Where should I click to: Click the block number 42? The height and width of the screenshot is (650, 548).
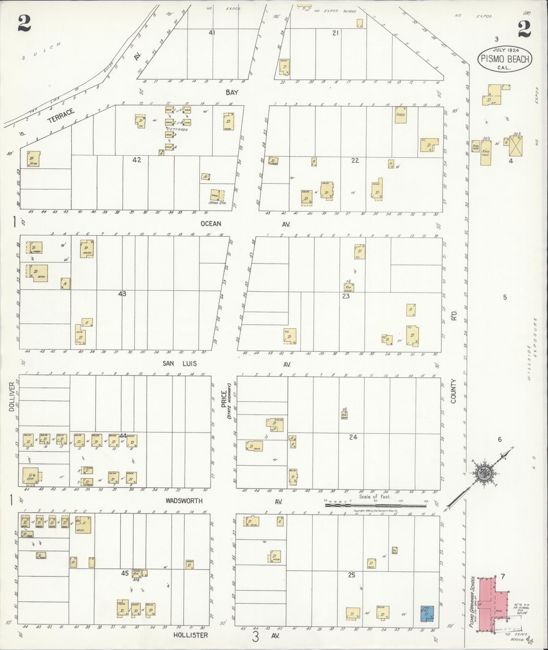(137, 160)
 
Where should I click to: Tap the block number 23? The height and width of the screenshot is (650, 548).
(346, 296)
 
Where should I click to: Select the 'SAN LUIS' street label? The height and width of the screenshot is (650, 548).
(179, 364)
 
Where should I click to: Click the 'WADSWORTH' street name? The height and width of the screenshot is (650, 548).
(184, 501)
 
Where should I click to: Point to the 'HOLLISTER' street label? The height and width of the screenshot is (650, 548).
(190, 635)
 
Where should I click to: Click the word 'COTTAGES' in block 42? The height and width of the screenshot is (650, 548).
(177, 129)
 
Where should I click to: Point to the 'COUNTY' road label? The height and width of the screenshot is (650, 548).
(454, 391)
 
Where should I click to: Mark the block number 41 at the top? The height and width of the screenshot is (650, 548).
(212, 33)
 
